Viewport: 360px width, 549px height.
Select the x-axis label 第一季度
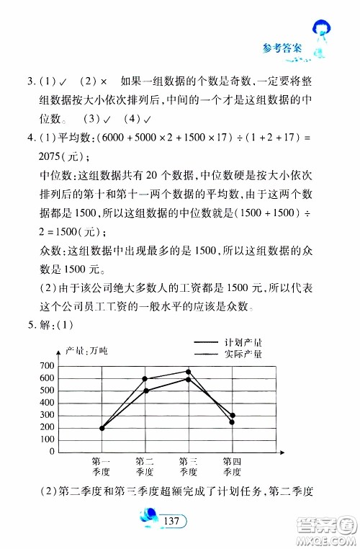click(102, 467)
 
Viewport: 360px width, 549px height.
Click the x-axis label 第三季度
click(189, 467)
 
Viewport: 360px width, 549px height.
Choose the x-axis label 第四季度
click(232, 467)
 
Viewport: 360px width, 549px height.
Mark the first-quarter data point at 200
click(102, 428)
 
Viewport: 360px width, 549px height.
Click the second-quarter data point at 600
click(145, 379)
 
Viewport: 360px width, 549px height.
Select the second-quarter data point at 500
click(145, 391)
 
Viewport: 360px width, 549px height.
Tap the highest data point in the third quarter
click(189, 372)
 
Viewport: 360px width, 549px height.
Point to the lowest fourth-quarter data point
click(232, 422)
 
